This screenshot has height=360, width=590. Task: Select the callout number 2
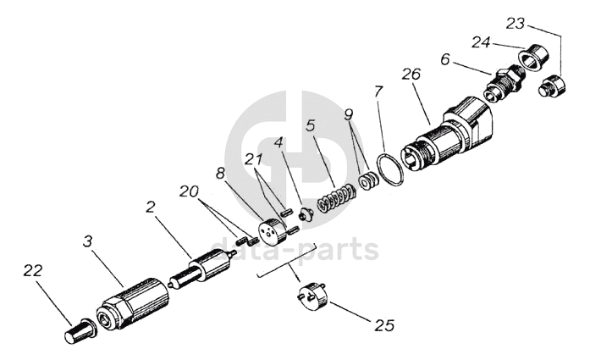coord(150,206)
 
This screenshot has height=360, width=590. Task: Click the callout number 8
coord(221,173)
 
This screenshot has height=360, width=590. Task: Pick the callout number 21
coord(253,158)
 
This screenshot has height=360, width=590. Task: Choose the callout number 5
coord(311,126)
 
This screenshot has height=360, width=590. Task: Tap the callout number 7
coord(378,90)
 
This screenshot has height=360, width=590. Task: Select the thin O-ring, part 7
coord(390,170)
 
